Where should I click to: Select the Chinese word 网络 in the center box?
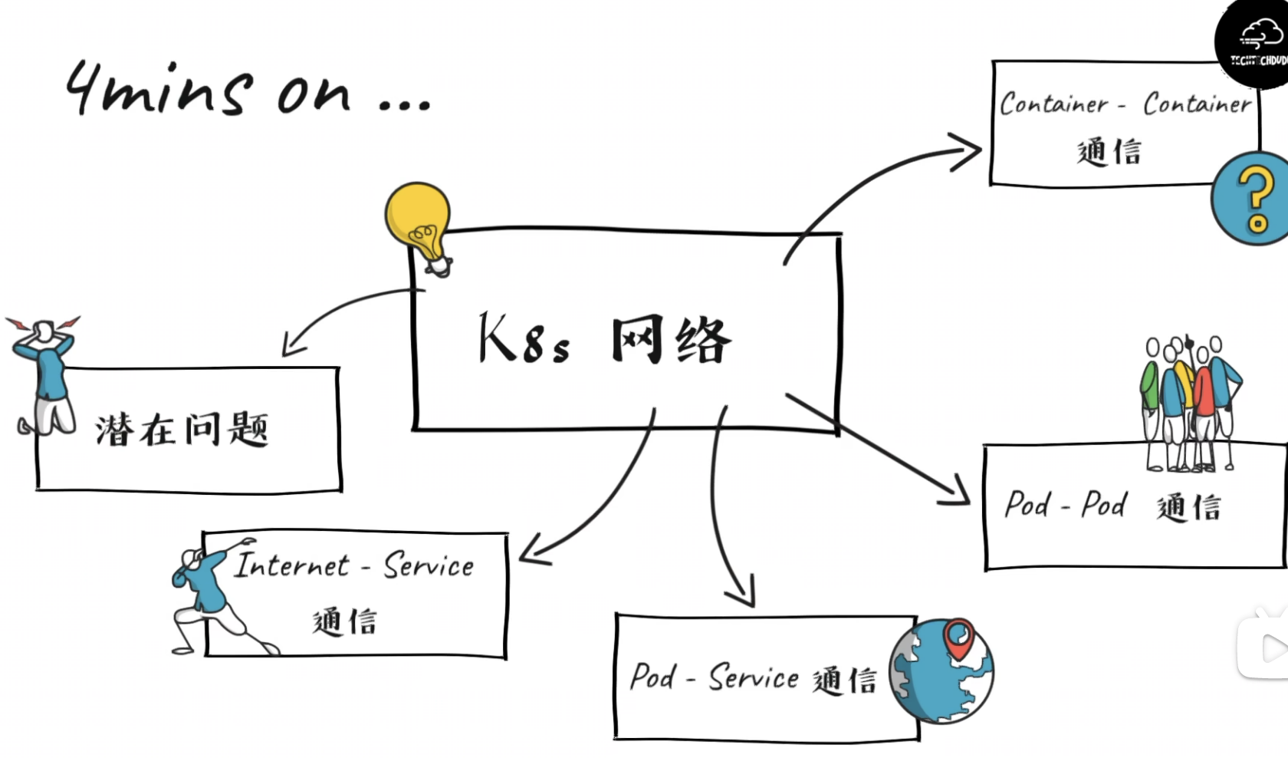click(x=671, y=340)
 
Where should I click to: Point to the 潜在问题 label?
click(x=182, y=429)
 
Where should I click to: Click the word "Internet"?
click(x=291, y=565)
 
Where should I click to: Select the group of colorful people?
click(x=1189, y=402)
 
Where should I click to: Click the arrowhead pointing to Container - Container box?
click(x=968, y=150)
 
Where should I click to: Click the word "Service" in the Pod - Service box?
click(x=753, y=677)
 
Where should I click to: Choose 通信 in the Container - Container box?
click(x=1109, y=151)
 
